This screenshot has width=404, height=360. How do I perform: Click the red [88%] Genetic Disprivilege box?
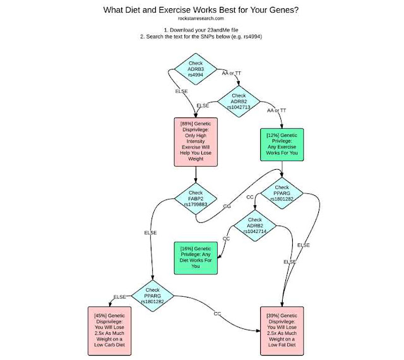point(195,140)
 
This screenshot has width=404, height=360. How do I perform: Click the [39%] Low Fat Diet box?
point(282,330)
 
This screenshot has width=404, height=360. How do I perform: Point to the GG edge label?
point(227,207)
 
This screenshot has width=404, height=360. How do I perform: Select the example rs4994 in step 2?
point(250,37)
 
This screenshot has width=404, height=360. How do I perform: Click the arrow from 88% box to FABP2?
point(195,176)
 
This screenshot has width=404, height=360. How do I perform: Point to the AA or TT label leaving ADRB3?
point(231,73)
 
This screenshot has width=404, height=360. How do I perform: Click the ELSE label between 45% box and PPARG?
point(120,297)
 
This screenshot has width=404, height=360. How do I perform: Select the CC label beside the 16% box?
point(226,239)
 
